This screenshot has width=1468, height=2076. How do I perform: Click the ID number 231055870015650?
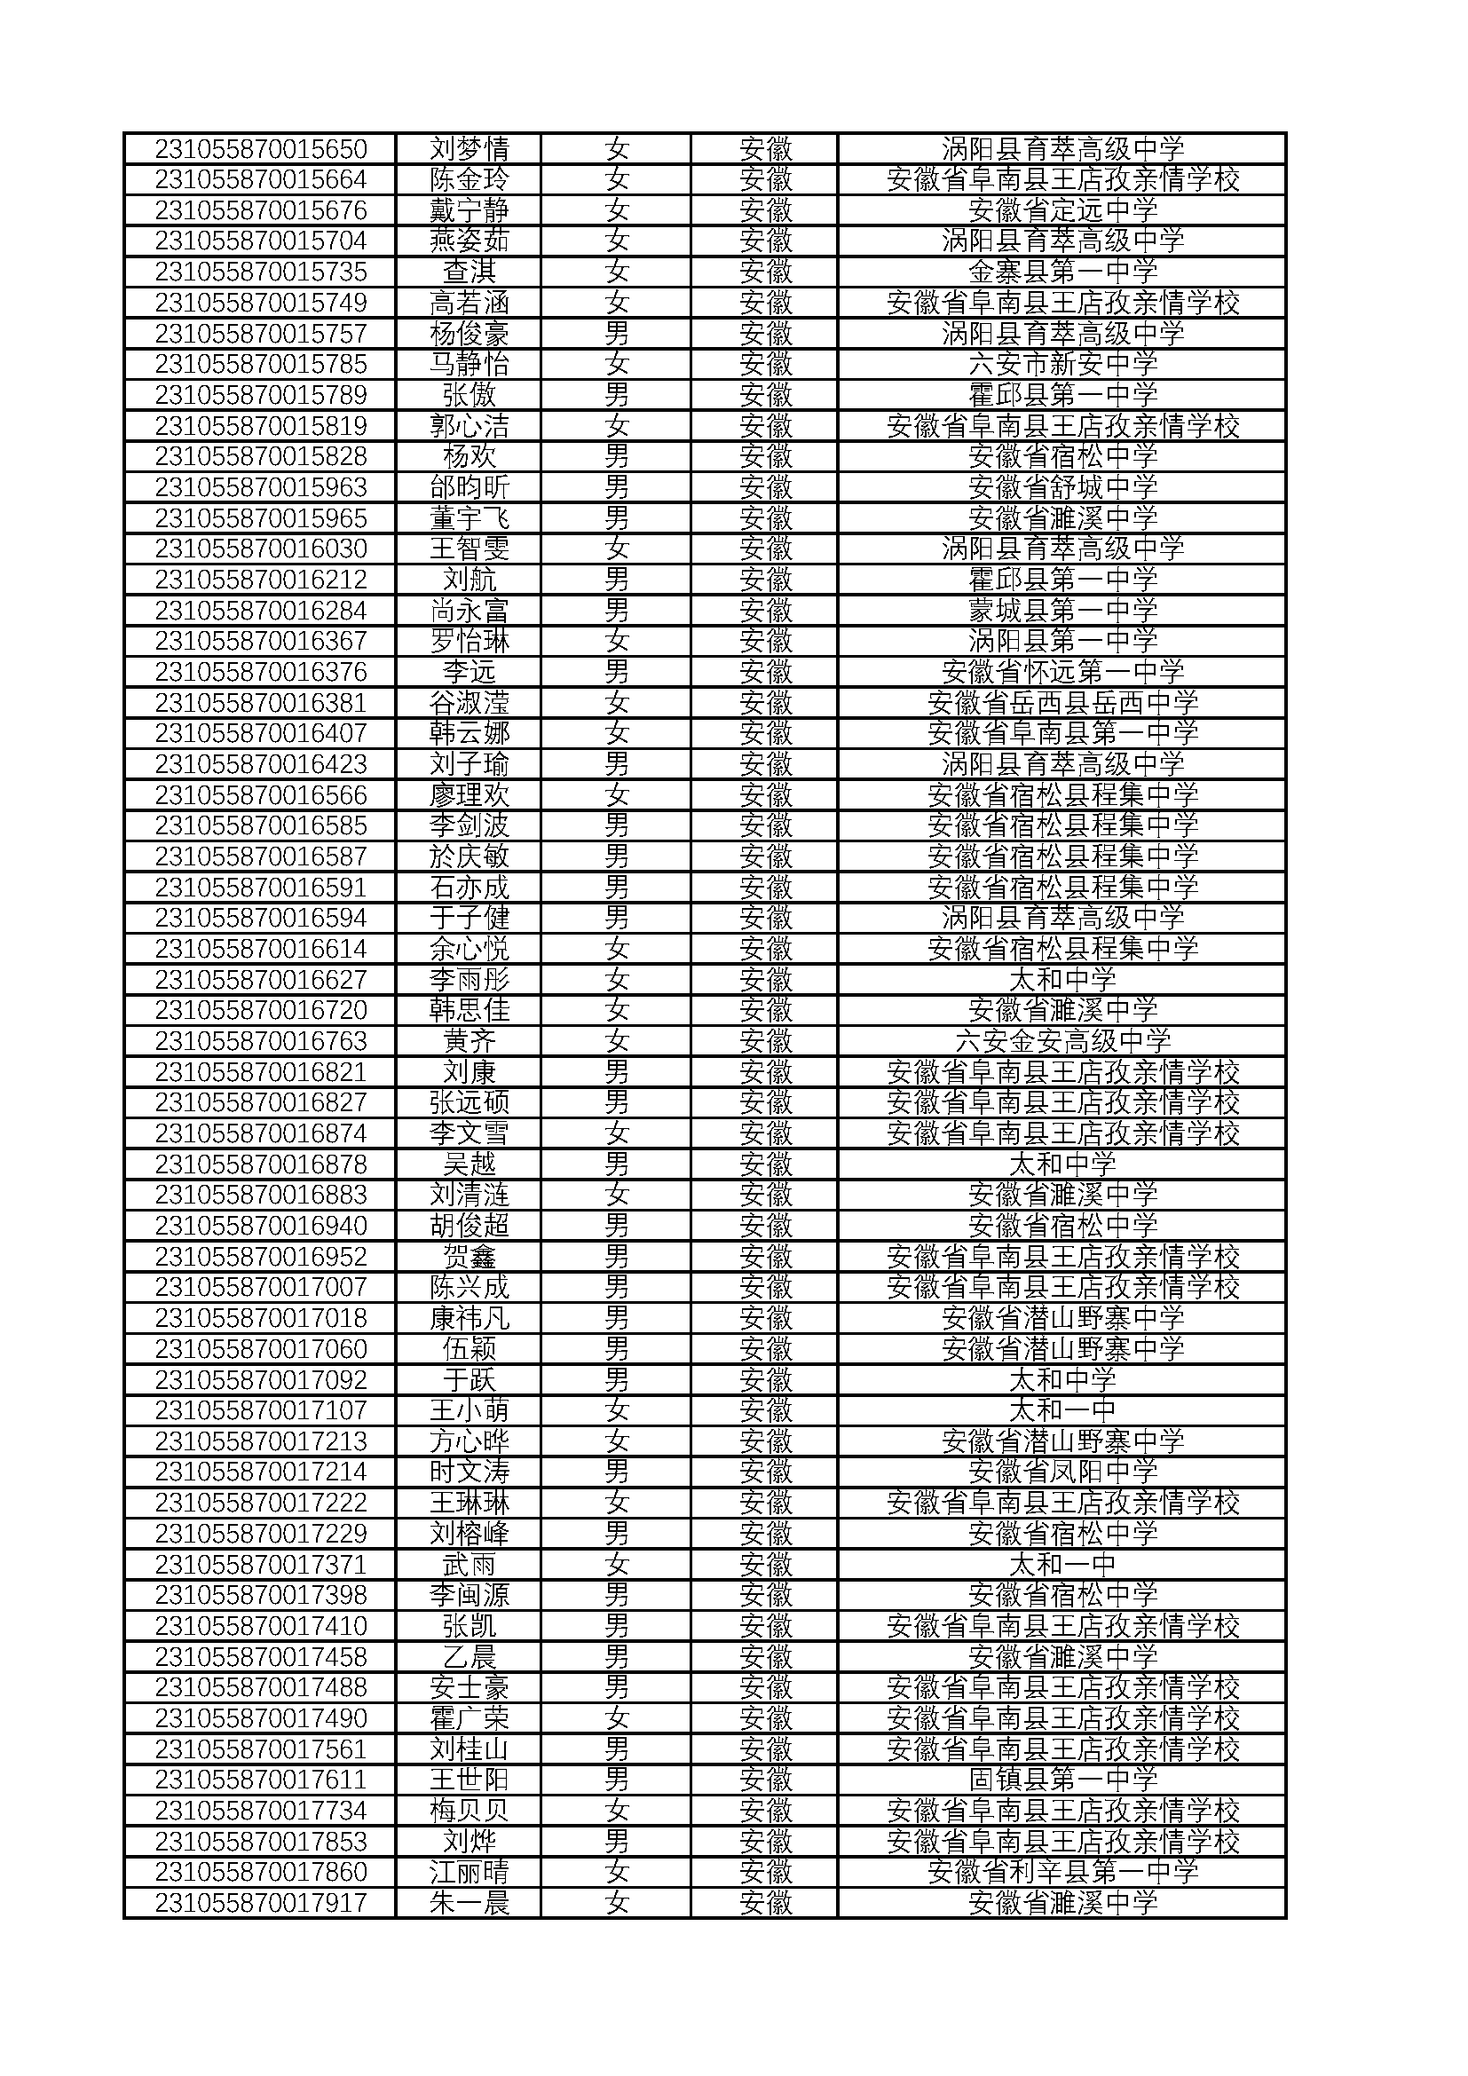tap(260, 149)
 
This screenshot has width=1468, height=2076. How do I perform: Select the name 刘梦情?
tap(470, 149)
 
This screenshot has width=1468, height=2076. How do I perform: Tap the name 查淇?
tap(470, 272)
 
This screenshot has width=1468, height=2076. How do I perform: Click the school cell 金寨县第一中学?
tap(1062, 272)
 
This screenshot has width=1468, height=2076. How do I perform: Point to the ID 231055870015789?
tap(260, 395)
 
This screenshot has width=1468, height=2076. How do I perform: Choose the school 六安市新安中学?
tap(1062, 365)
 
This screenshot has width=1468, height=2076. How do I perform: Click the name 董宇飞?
tap(470, 519)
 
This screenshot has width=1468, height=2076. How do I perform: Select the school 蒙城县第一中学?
tap(1062, 612)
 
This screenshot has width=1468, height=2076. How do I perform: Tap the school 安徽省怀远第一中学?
tap(1062, 673)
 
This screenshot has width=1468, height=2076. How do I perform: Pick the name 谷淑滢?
tap(470, 704)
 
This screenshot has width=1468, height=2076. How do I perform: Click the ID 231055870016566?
tap(260, 795)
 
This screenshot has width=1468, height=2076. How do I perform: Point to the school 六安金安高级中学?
tap(1062, 1042)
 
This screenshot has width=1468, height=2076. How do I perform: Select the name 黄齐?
tap(470, 1042)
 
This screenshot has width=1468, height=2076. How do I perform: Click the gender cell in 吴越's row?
tap(617, 1164)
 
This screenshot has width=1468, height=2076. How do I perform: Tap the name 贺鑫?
tap(470, 1257)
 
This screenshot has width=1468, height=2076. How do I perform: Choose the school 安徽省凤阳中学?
tap(1062, 1472)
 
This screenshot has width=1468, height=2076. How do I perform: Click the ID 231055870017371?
tap(260, 1564)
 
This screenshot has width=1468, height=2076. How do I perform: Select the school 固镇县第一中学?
tap(1062, 1780)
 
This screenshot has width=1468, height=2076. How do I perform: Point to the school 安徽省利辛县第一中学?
tap(1062, 1872)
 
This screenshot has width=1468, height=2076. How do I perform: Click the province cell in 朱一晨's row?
tap(765, 1902)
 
